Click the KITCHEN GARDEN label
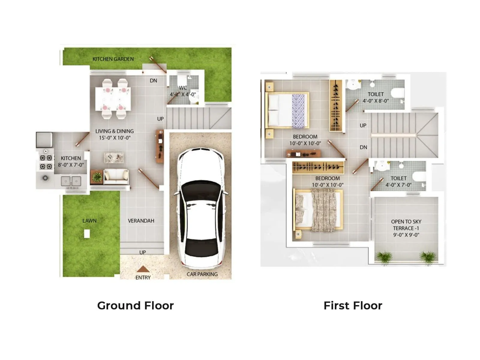tap(113, 59)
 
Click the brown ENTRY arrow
tap(143, 269)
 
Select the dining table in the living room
tap(113, 99)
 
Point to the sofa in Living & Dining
tap(116, 176)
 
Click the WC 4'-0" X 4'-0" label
tap(183, 91)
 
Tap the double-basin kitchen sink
tap(71, 181)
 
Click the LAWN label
tap(89, 221)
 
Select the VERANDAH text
tap(141, 221)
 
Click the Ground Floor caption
tap(135, 305)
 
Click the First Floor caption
tap(353, 305)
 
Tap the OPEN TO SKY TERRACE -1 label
tap(406, 228)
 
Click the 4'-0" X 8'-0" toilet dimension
tap(376, 101)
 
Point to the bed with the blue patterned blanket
tap(287, 110)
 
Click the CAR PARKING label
tap(202, 274)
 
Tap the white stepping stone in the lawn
tap(87, 234)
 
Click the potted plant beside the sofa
tap(97, 177)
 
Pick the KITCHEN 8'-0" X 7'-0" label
tap(71, 161)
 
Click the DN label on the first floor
tap(363, 147)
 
